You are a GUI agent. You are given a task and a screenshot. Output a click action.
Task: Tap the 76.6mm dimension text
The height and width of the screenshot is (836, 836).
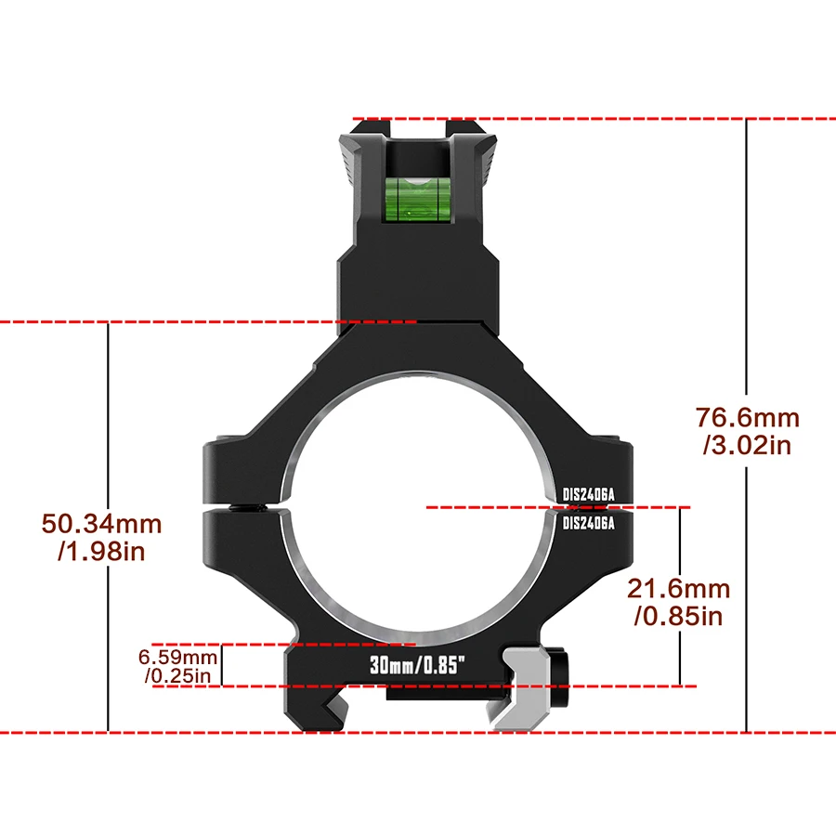click(747, 419)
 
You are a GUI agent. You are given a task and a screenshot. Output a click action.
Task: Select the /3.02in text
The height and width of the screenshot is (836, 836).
click(747, 446)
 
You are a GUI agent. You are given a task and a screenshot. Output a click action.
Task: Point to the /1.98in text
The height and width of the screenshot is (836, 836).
click(101, 552)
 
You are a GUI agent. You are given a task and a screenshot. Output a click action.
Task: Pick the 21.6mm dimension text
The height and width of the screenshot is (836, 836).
click(678, 589)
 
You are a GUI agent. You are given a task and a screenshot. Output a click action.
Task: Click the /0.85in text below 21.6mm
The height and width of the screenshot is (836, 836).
click(679, 616)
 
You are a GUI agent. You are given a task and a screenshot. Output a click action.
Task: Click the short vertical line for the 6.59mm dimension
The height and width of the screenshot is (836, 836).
click(221, 665)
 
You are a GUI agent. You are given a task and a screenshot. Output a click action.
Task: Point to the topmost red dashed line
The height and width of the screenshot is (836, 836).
click(594, 119)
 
